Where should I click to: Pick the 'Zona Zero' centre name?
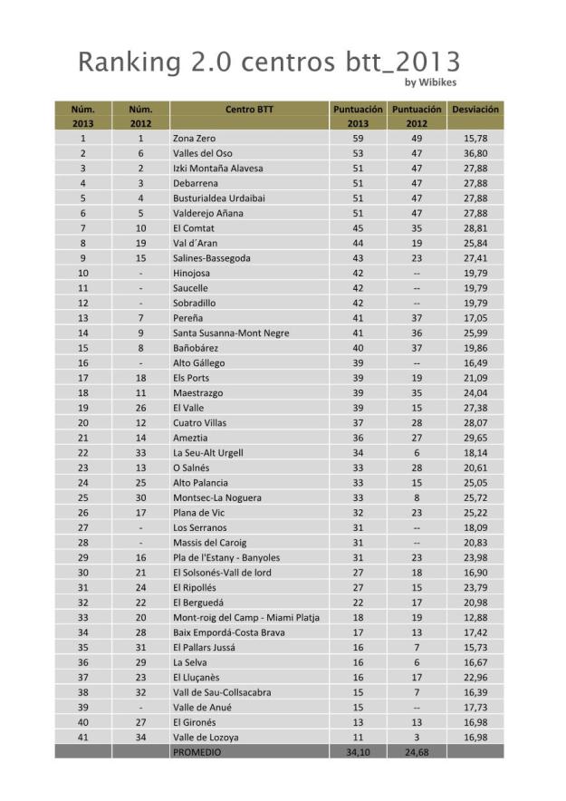point(194,139)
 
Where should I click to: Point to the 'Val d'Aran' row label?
point(196,243)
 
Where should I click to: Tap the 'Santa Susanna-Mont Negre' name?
point(231,333)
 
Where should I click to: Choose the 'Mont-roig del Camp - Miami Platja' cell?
point(249,617)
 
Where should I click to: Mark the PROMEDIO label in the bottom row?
point(198,752)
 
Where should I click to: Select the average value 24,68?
point(417,752)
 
